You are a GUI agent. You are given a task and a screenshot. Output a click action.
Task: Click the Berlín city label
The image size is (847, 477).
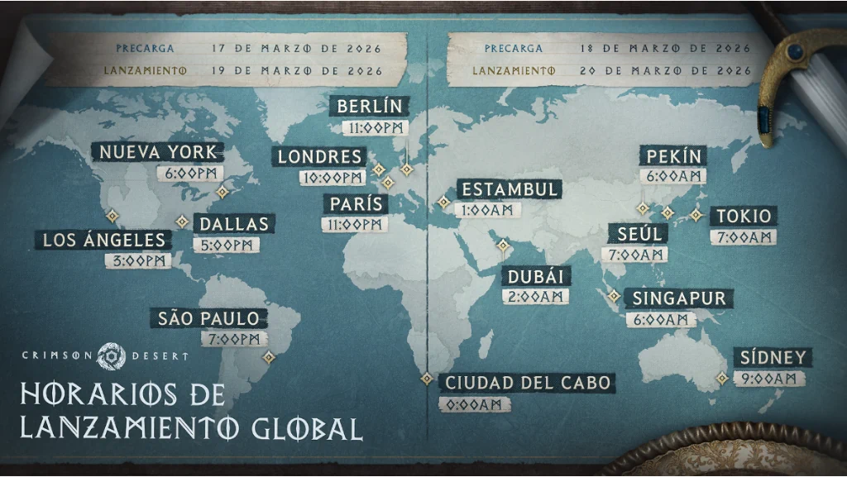click(x=370, y=106)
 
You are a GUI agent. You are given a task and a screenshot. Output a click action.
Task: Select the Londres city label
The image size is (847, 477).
click(x=319, y=156)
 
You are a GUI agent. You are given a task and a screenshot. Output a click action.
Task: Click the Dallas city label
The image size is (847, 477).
click(x=233, y=223)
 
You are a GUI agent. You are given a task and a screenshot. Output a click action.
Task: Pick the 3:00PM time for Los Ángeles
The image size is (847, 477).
click(x=139, y=260)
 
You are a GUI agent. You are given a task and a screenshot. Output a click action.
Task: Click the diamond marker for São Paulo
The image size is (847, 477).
click(x=268, y=357)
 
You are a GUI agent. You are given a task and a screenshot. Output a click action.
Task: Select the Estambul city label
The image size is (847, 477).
click(x=509, y=189)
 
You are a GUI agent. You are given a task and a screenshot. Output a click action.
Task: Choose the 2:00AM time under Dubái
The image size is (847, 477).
click(x=535, y=296)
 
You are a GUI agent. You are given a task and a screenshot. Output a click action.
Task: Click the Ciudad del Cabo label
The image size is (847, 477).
click(x=528, y=383)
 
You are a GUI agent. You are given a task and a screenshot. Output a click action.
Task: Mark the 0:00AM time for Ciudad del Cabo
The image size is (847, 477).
click(x=474, y=404)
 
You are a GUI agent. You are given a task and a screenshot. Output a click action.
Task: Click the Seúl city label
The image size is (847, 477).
click(x=639, y=234)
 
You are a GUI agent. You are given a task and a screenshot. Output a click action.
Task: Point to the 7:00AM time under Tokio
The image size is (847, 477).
click(x=743, y=237)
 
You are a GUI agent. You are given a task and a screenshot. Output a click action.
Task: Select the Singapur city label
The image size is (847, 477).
click(x=679, y=298)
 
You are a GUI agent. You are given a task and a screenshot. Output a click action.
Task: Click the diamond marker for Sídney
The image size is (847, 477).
click(x=722, y=378)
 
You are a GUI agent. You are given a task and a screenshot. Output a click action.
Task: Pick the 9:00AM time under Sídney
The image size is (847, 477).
click(x=770, y=378)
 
